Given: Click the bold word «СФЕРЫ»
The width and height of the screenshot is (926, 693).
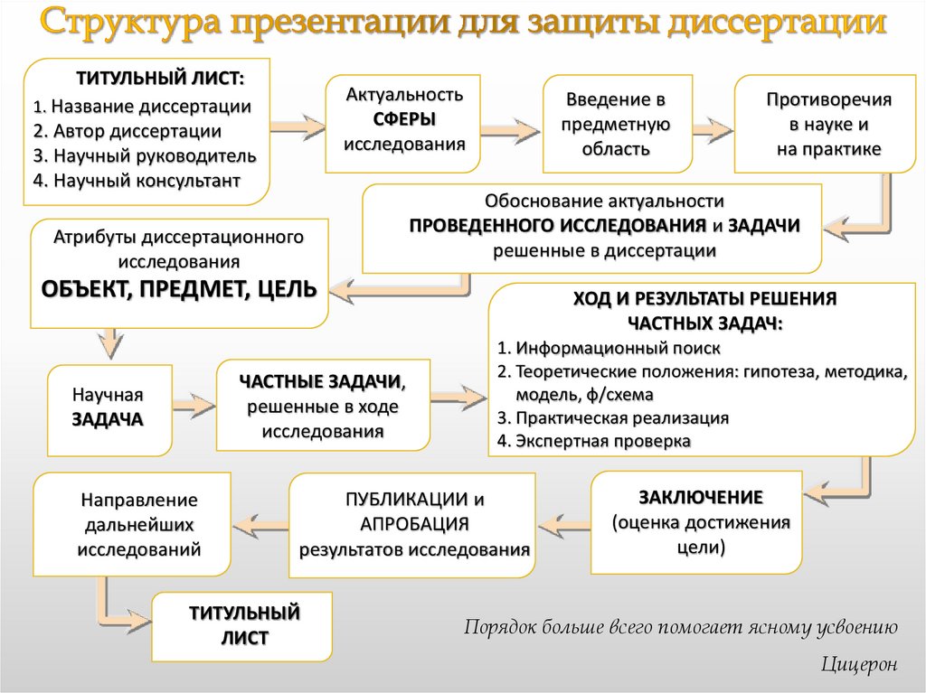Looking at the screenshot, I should point(404,118).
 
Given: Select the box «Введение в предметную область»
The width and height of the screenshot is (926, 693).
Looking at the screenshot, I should point(619,124).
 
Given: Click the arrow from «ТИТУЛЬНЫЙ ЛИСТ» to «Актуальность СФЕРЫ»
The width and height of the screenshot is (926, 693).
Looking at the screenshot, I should point(297,121).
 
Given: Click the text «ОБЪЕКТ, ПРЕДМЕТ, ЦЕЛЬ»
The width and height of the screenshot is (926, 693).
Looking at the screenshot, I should point(179,289).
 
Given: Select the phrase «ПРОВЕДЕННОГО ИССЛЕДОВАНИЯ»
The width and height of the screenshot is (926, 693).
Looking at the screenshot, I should point(557,226).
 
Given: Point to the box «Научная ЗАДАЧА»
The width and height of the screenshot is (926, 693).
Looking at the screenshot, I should point(109,408).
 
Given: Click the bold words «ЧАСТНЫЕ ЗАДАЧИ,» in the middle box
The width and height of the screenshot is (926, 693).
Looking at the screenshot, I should point(322,381).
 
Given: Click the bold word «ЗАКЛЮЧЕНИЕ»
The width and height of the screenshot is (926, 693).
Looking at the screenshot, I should point(702,497).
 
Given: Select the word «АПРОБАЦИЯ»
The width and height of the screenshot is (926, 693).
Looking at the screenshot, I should point(414,524).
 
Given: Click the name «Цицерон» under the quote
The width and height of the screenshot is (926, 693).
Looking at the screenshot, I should point(859,665).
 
